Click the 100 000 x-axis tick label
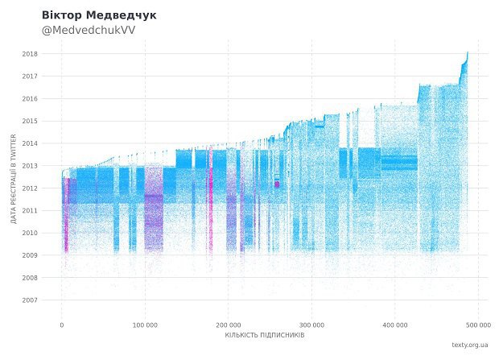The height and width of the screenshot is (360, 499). point(145,325)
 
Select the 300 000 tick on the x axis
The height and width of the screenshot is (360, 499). point(312,325)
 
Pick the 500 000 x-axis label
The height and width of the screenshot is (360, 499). point(478,325)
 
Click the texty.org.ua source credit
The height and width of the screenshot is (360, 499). point(471,345)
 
